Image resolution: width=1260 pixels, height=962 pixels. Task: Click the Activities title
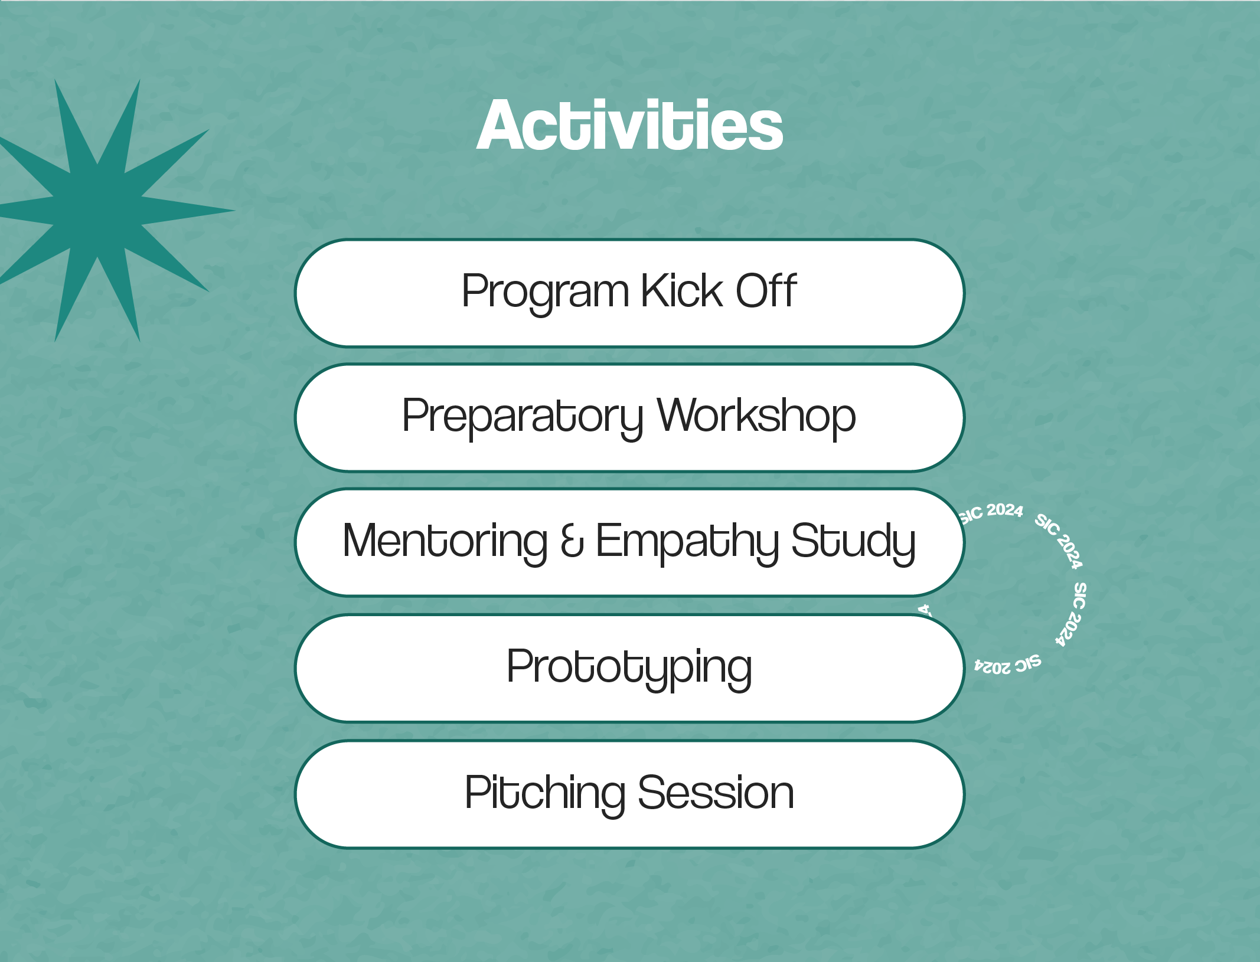[629, 125]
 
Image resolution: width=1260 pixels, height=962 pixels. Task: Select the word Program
[546, 293]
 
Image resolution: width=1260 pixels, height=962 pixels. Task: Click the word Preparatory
[523, 418]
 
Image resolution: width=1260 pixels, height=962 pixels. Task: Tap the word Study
[853, 542]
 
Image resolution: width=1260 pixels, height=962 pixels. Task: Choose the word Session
[716, 792]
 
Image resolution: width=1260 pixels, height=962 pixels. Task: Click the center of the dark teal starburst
[97, 210]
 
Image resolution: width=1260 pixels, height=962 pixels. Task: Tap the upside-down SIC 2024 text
[1007, 665]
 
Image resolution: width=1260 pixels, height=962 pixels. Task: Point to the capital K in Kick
[654, 290]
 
